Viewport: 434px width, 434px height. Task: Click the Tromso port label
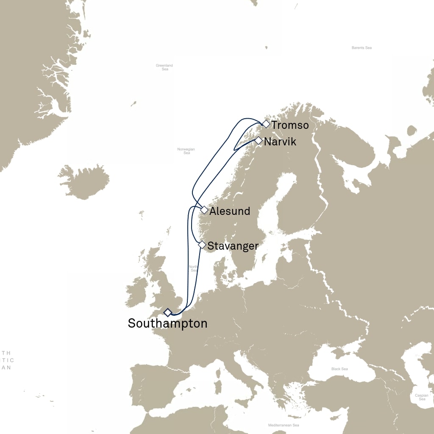coord(290,125)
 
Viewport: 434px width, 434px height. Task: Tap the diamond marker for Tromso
coord(266,124)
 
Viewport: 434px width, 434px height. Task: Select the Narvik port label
coord(280,142)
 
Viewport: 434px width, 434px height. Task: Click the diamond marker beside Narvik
coord(258,141)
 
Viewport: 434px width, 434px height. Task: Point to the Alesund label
coord(230,211)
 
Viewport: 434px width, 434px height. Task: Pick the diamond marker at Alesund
coord(204,210)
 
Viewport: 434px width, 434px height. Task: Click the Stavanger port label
coord(233,246)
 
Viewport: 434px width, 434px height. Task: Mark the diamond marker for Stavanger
coord(202,245)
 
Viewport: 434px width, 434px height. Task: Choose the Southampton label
coord(167,323)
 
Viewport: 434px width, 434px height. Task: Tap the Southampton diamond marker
coord(168,312)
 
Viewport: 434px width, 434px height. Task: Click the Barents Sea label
coord(362,48)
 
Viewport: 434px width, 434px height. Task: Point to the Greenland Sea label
coord(164,67)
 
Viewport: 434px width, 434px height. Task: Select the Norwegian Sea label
coord(186,151)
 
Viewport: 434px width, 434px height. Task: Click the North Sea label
coord(194,268)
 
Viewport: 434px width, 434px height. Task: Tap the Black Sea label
coord(339,369)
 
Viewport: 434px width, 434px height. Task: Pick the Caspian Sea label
coord(422,397)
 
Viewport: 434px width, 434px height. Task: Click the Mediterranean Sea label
coord(284,425)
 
